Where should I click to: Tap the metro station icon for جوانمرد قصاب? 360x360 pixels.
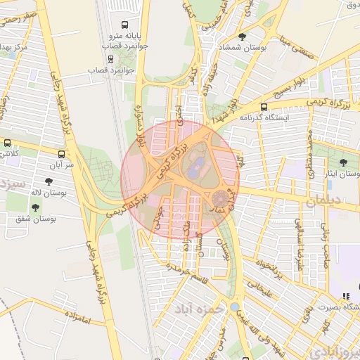(x=110, y=58)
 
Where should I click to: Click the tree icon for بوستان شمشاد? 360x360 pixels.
(x=243, y=36)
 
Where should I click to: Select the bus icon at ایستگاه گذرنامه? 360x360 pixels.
(x=263, y=107)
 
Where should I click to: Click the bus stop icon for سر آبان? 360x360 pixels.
(x=62, y=153)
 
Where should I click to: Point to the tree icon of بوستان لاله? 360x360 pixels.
(x=49, y=181)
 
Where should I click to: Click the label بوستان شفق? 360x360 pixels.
(x=36, y=219)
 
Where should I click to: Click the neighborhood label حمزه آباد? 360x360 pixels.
(x=199, y=308)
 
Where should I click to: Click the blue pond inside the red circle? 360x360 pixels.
(x=195, y=167)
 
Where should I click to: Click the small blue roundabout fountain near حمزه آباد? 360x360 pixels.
(x=233, y=307)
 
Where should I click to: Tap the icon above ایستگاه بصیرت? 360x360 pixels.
(x=345, y=296)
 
